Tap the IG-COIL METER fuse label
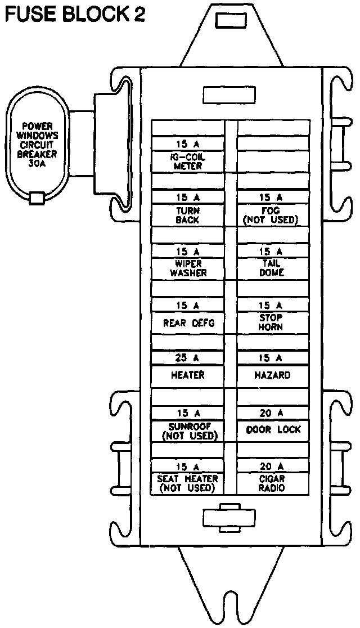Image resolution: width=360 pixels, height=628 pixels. point(188,162)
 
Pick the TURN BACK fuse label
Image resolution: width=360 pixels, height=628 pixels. point(188,215)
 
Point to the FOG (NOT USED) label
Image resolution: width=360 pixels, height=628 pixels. point(271,215)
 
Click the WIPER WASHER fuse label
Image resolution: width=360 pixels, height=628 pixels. point(188,268)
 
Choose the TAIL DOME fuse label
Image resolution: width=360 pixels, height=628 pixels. point(271,268)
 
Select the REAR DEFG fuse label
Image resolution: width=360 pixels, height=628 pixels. point(188,323)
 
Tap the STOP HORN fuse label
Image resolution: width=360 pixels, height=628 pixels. point(271,322)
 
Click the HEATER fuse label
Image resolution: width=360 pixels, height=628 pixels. point(188,375)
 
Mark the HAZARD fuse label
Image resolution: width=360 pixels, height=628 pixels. point(271,375)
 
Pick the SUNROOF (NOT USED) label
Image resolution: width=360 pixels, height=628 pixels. point(188,430)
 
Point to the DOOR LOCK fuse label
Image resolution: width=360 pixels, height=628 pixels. point(273,430)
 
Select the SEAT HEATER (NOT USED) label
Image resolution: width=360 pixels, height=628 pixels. point(188,483)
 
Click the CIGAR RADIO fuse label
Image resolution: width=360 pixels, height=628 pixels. point(271,483)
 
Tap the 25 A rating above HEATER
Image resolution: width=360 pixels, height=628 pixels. point(188,358)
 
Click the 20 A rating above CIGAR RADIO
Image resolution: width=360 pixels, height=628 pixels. point(271,466)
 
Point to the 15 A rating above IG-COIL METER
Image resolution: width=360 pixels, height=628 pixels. point(188,145)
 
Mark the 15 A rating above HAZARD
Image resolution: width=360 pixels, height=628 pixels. point(271,358)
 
